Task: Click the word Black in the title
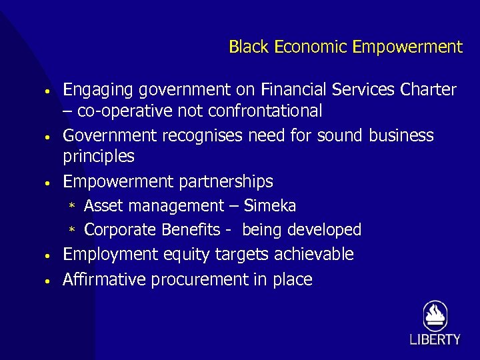click(x=249, y=47)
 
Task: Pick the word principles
click(x=98, y=157)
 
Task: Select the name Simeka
click(x=270, y=206)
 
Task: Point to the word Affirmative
click(x=104, y=279)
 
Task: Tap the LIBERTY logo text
click(x=435, y=339)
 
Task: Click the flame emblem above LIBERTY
click(x=435, y=315)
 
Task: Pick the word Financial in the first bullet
click(x=294, y=89)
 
